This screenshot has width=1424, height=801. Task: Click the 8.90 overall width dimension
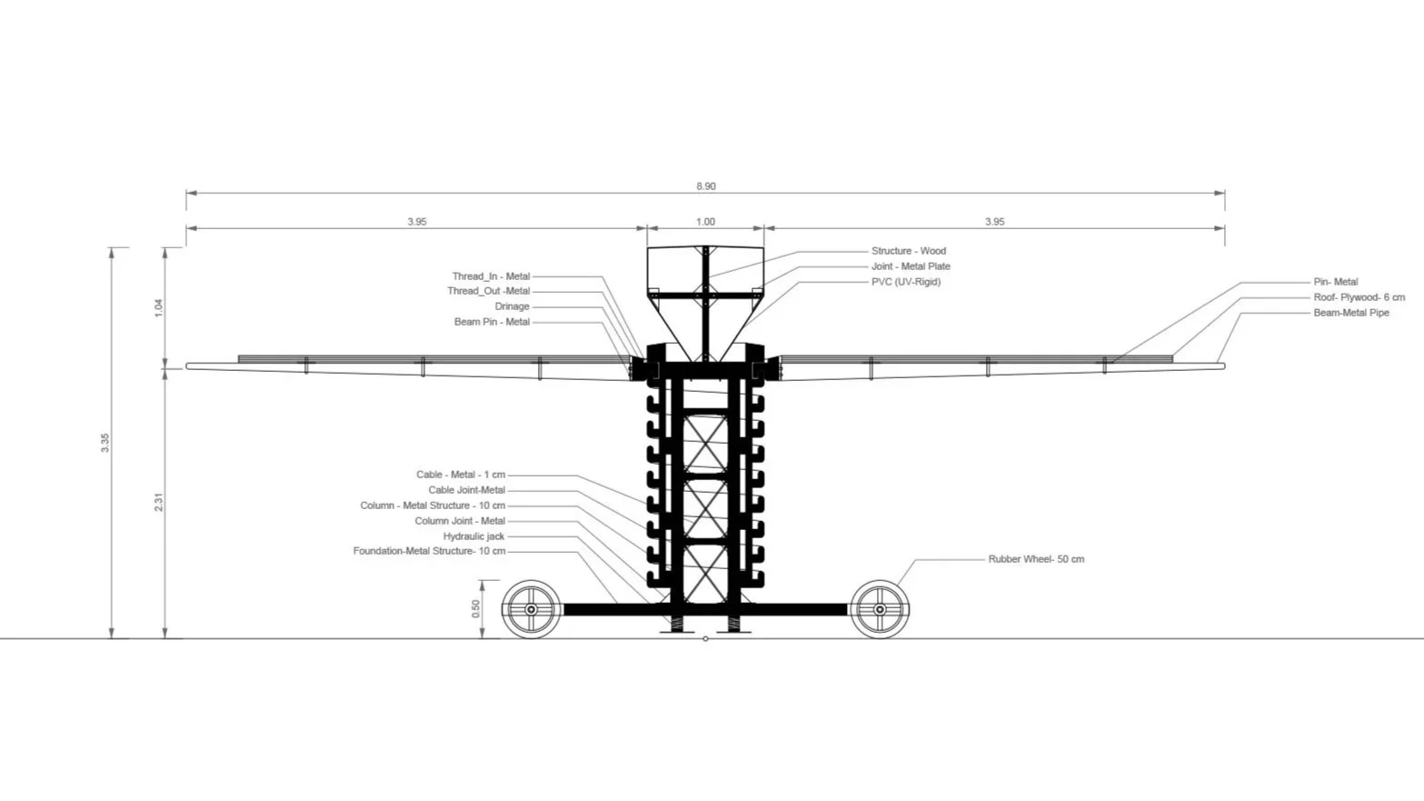(x=706, y=186)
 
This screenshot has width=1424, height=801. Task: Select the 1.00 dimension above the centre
(x=705, y=222)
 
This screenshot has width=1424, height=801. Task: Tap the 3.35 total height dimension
(x=105, y=443)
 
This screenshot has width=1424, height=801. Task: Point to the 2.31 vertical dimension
(x=159, y=502)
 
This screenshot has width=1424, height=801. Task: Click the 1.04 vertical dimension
(x=159, y=307)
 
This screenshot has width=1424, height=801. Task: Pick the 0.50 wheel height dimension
(x=476, y=609)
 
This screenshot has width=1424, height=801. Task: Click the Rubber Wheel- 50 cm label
(x=1036, y=559)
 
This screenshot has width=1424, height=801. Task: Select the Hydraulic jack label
(x=473, y=536)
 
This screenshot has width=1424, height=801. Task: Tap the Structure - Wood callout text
(x=908, y=251)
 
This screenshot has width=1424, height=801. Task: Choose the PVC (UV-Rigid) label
(x=905, y=282)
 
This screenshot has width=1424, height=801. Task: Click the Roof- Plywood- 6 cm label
(x=1359, y=297)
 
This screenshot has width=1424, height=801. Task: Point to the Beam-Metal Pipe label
(x=1350, y=313)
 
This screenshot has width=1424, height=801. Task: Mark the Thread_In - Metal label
(x=491, y=276)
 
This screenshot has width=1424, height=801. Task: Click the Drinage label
(x=512, y=306)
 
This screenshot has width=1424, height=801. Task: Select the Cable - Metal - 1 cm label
(x=461, y=475)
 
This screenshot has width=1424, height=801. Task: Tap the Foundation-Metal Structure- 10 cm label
(x=429, y=551)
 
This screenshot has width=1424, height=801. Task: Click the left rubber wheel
(x=531, y=609)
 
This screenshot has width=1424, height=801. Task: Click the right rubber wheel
(x=880, y=609)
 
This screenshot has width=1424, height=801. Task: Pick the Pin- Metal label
(x=1335, y=282)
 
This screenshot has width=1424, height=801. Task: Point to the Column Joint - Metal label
(x=460, y=521)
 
